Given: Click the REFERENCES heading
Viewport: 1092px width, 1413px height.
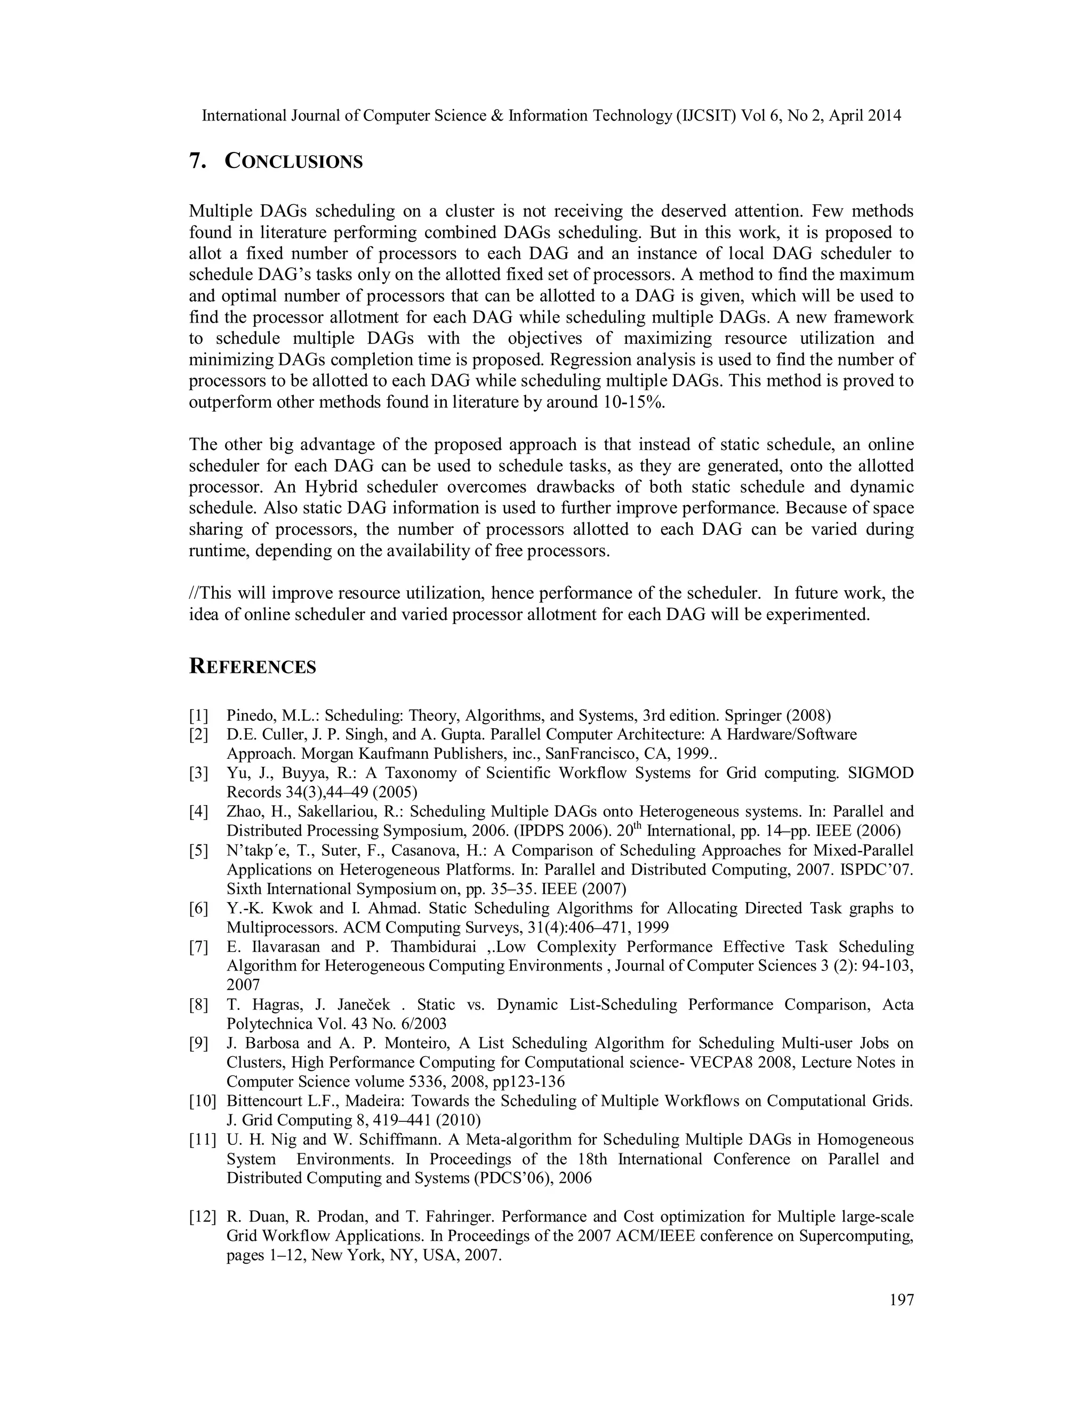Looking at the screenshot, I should coord(252,667).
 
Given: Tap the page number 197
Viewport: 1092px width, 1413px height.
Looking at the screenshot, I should coord(902,1299).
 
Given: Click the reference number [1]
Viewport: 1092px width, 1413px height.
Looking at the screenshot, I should coord(198,716).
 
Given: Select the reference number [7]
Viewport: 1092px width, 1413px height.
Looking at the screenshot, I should coord(198,947).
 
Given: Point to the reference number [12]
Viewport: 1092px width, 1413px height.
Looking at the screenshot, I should coord(202,1217).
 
